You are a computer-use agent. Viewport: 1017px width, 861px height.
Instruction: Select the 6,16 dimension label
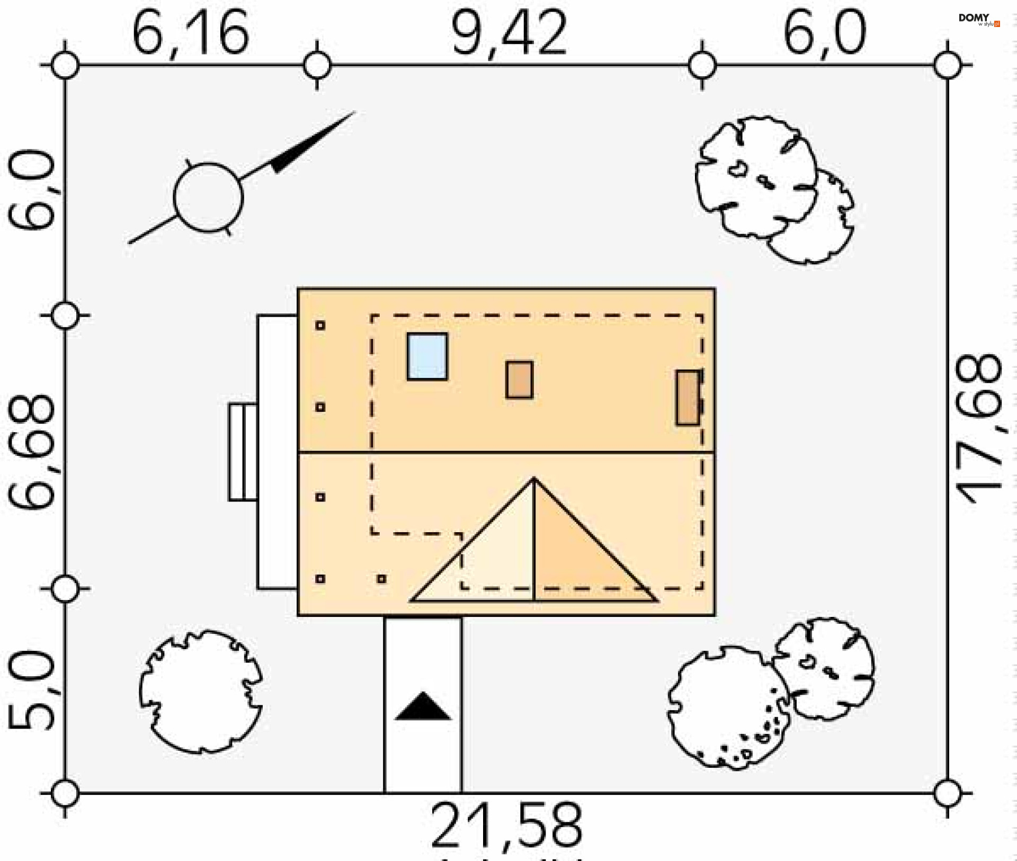(x=190, y=33)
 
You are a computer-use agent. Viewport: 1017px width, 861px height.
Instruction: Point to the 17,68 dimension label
(x=979, y=429)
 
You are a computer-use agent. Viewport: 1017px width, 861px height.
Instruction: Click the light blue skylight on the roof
(x=427, y=356)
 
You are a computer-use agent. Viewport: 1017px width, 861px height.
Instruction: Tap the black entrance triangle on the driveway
(x=423, y=707)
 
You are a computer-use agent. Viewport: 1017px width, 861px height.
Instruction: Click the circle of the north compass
(x=208, y=198)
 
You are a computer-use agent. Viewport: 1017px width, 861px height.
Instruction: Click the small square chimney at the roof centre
(x=519, y=380)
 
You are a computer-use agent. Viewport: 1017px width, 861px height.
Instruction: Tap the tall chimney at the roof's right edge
(x=688, y=397)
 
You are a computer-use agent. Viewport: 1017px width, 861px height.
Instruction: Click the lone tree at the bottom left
(x=201, y=692)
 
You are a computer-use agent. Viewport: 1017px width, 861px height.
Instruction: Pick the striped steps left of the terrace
(x=243, y=452)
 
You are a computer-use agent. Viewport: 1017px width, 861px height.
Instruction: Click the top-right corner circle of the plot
(x=948, y=66)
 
